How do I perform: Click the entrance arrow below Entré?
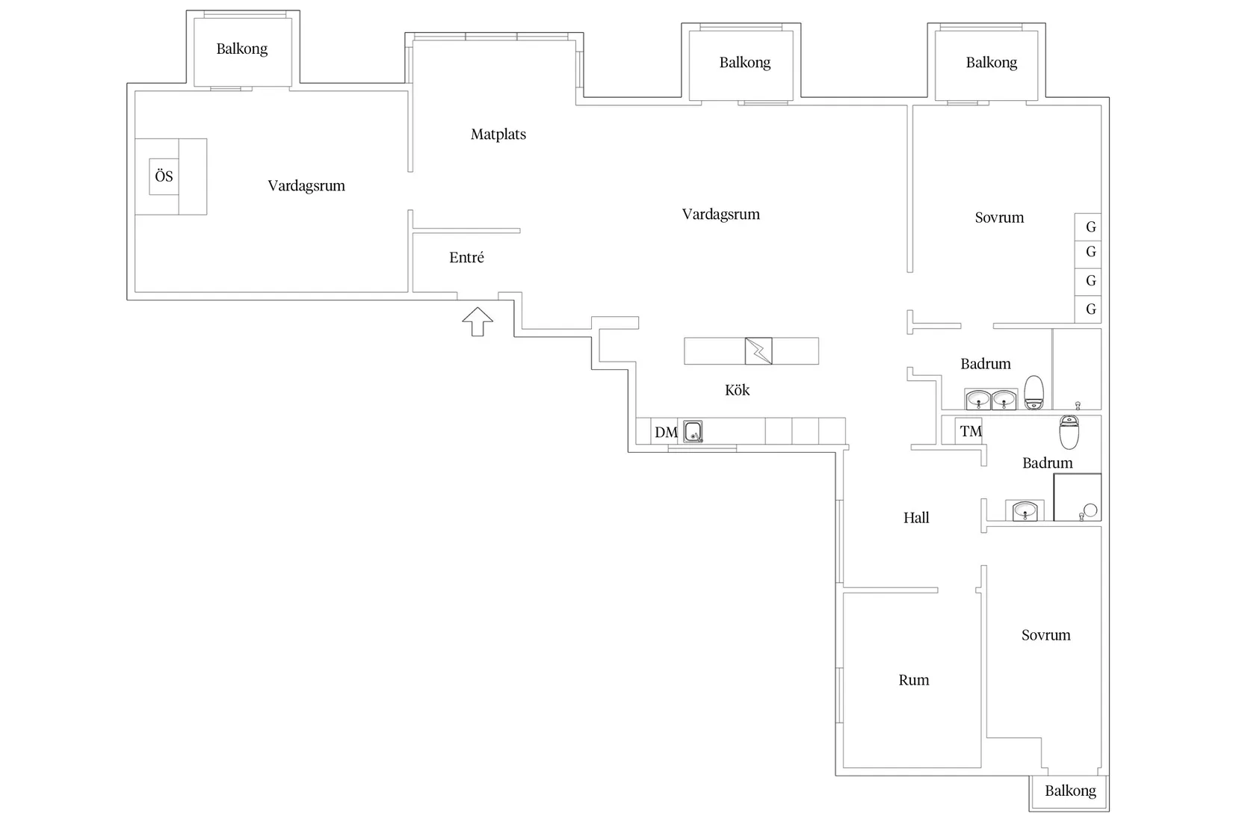coord(478,321)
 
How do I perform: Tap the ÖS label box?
coord(164,176)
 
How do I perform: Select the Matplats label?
coord(498,134)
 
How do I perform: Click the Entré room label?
coord(466,257)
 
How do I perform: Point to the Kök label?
coord(737,390)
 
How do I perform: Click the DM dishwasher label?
coord(666,432)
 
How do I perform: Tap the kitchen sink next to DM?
coord(693,432)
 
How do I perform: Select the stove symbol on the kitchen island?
coord(758,350)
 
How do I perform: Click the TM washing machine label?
coord(971,431)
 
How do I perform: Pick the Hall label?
coord(916,518)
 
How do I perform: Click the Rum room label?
coord(914,680)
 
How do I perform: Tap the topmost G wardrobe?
coord(1088,226)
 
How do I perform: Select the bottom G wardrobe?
coord(1088,309)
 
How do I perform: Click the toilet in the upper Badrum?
coord(1034,392)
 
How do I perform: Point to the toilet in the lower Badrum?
coord(1069,432)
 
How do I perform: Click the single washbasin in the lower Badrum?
coord(1025,510)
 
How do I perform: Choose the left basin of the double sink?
coord(978,399)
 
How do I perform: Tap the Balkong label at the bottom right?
coord(1071,791)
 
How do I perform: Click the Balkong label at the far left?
coord(241,49)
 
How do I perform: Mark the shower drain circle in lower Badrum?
coord(1090,510)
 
